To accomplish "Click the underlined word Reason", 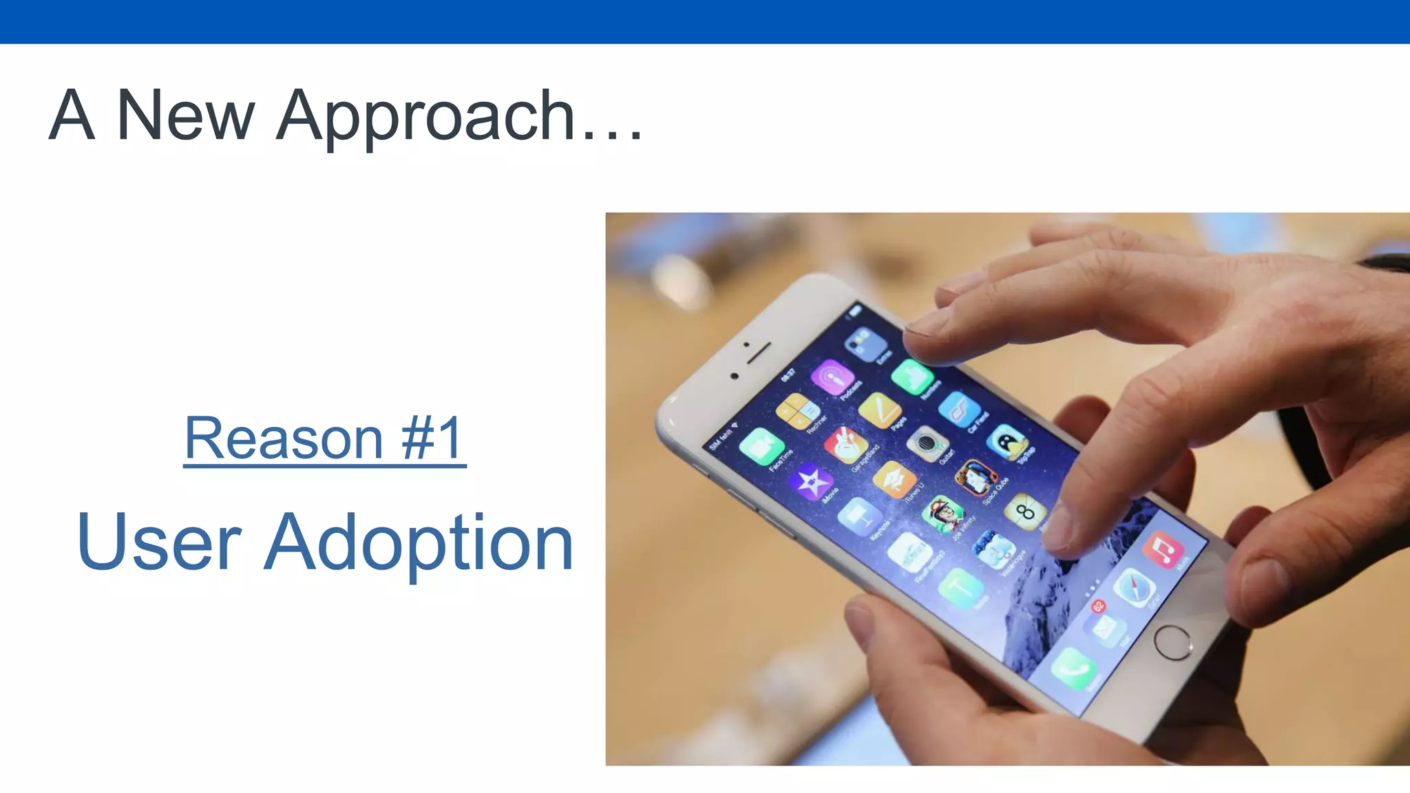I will click(283, 438).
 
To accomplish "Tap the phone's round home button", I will click(1172, 642).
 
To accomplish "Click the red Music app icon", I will click(1164, 549).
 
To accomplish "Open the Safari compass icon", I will click(1134, 587).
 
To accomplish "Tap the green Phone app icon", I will click(1073, 667).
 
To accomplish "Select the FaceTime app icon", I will click(761, 446).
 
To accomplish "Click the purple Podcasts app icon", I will click(832, 377).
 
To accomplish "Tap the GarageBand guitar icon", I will click(845, 444).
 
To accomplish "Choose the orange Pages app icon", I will click(880, 410).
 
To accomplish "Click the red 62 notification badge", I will click(1098, 606).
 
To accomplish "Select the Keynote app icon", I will click(859, 516).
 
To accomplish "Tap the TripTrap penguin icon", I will click(1007, 441).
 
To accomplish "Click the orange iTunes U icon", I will click(894, 479).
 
